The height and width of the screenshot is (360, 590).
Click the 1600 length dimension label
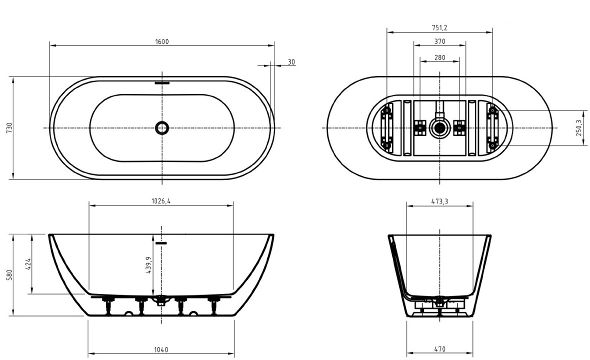162,41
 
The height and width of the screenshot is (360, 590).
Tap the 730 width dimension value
10,128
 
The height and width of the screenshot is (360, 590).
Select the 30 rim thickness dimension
291,62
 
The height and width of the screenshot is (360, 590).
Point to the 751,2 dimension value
439,28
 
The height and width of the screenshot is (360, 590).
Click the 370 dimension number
439,41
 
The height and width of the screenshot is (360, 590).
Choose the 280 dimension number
439,57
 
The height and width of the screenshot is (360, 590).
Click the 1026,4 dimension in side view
161,201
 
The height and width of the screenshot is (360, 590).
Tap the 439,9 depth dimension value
148,265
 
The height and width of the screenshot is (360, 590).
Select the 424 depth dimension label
28,264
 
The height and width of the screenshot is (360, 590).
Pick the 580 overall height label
10,275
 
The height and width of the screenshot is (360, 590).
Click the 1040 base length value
161,350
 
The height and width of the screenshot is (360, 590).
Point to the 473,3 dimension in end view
439,201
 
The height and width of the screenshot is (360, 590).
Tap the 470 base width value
439,349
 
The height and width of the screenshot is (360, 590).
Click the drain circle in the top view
162,128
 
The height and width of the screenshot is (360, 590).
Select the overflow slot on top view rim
162,81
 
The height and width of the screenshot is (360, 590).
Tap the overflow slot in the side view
161,243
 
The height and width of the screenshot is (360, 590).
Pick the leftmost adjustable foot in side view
108,304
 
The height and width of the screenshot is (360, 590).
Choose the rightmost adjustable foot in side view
214,304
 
